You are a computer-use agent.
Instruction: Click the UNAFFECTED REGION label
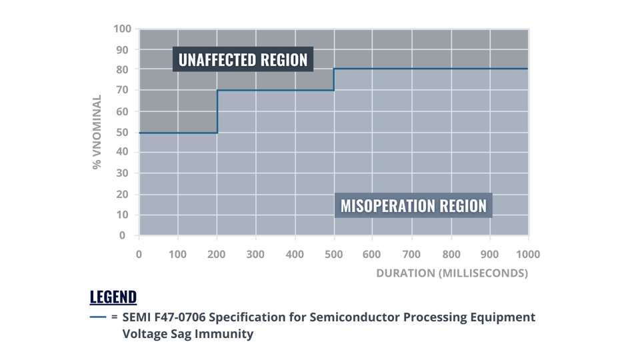243,60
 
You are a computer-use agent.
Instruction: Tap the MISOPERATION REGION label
413,205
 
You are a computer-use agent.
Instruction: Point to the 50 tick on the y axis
123,132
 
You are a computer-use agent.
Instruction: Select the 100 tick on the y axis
120,29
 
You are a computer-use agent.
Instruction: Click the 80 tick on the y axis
123,70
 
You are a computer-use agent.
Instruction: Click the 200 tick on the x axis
217,254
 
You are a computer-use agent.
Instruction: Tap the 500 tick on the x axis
334,254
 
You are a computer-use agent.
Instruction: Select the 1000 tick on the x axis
528,254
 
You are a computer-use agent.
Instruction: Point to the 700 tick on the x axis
412,254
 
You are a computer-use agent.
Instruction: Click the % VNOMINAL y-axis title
98,132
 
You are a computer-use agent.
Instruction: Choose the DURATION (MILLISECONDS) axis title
452,273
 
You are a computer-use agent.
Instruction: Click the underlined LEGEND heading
113,297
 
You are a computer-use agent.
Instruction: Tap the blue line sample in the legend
98,317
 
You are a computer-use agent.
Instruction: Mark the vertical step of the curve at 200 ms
217,111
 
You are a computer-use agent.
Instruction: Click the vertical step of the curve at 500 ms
334,79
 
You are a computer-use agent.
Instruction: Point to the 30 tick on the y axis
123,173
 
